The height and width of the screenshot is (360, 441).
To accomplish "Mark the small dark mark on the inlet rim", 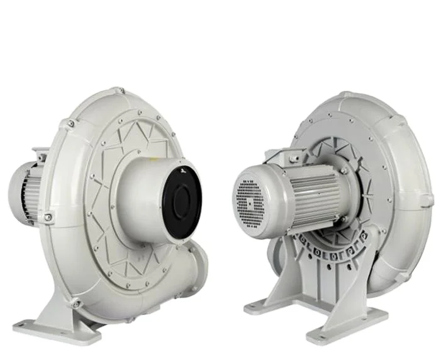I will click(x=182, y=169).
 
